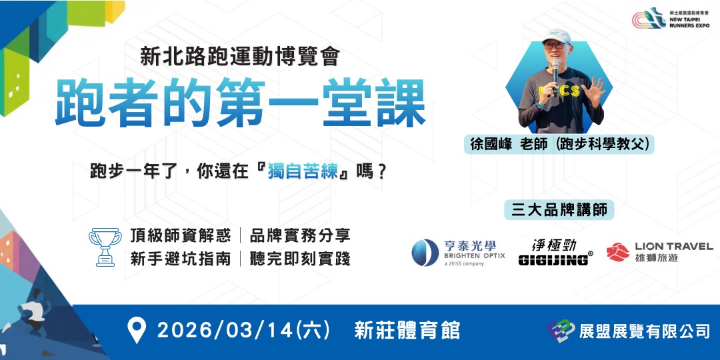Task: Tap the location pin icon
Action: coord(137,331)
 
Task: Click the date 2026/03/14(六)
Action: coord(241,331)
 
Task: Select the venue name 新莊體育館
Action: coord(407,331)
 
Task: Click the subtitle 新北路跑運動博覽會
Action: coord(240,57)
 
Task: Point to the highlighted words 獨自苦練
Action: coord(304,171)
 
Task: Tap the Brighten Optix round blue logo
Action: coord(425,253)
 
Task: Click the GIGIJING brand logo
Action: coord(555,252)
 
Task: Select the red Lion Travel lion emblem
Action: coord(617,251)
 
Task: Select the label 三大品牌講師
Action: coord(559,209)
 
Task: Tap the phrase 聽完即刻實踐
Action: coord(299,259)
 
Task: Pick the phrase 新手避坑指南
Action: coord(181,259)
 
